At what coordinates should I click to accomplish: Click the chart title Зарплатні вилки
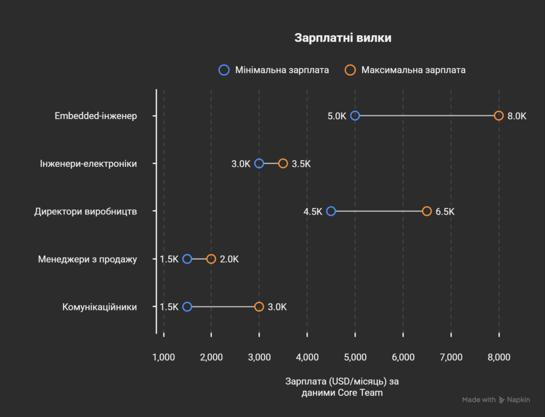click(343, 38)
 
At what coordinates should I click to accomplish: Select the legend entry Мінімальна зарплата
click(274, 70)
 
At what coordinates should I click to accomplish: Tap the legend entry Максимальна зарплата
click(405, 70)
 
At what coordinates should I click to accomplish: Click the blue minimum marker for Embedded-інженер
click(355, 116)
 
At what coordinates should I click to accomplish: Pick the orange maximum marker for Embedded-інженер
click(499, 116)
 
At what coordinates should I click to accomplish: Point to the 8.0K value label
click(517, 116)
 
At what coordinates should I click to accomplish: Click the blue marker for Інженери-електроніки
click(259, 163)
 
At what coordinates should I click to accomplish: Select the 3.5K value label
click(301, 164)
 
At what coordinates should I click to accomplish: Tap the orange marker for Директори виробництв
click(427, 211)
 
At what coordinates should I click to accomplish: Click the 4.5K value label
click(313, 212)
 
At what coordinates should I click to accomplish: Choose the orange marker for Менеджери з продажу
click(211, 259)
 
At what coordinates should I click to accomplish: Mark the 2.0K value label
click(229, 259)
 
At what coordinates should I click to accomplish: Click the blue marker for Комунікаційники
click(187, 307)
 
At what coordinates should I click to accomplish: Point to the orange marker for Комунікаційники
click(259, 307)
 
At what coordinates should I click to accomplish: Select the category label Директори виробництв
click(86, 212)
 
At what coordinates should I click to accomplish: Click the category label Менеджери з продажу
click(87, 259)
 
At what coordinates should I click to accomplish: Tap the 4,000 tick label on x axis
click(307, 357)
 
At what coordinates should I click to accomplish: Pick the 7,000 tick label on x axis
click(451, 357)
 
